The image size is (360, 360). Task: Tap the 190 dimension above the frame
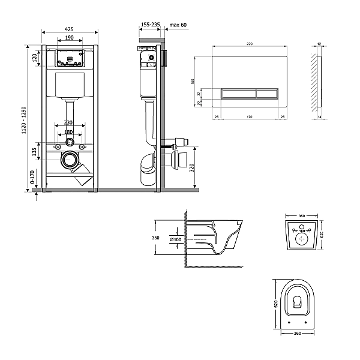coord(70,38)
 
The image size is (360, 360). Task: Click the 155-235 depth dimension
coord(150,25)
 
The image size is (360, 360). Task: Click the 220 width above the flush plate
coord(249,44)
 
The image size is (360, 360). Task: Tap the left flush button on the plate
coord(239,92)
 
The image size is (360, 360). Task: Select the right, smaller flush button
coord(268,92)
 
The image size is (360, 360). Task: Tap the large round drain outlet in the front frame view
coord(70,160)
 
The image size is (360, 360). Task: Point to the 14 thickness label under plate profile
coord(319,118)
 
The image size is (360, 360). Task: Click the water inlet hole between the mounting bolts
coord(70,142)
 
